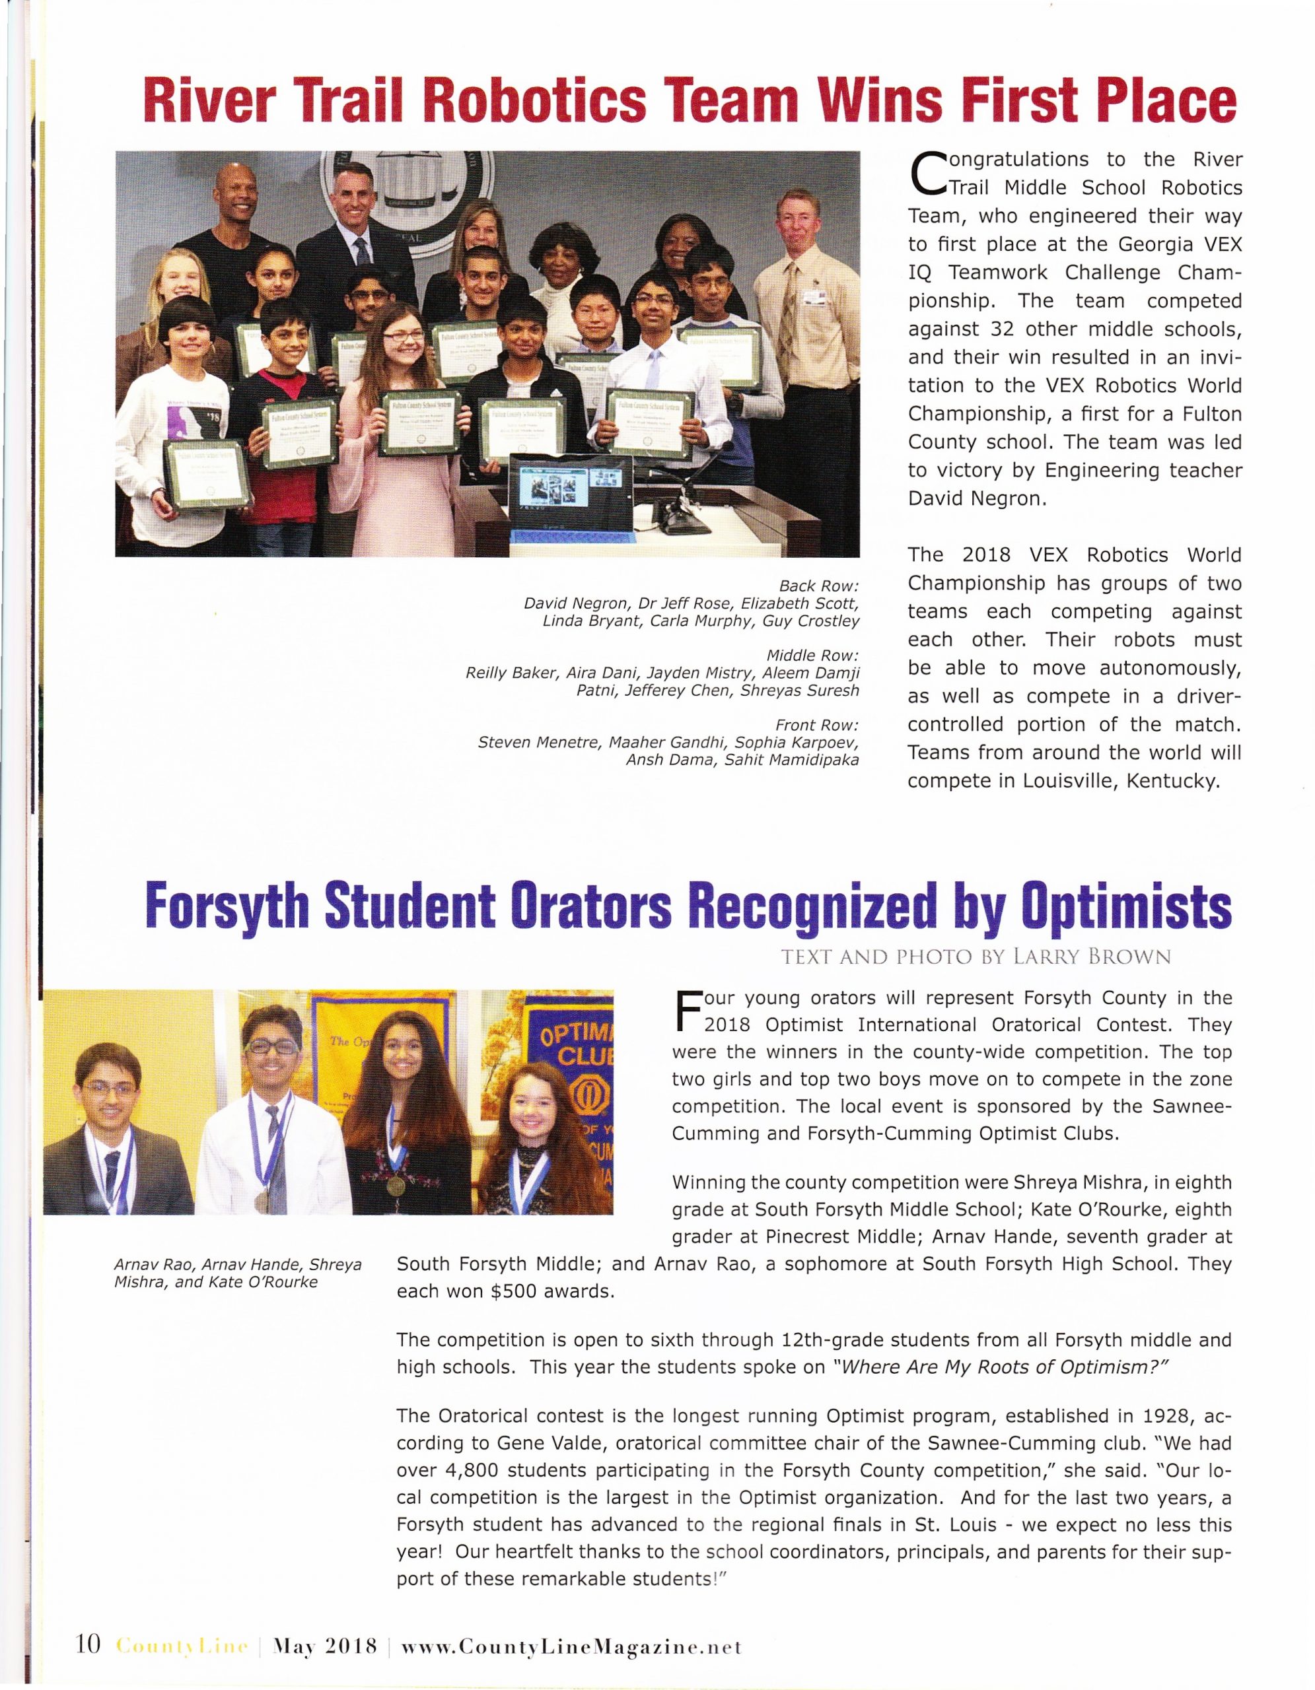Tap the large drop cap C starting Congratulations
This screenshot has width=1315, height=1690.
pos(927,172)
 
